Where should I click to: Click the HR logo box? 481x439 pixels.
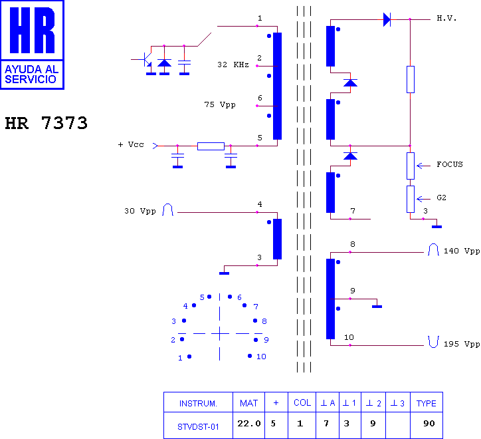click(32, 45)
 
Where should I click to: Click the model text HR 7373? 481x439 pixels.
click(47, 123)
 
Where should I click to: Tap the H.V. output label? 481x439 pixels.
click(446, 19)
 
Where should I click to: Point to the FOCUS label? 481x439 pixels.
click(450, 164)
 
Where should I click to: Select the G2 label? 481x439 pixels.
click(441, 198)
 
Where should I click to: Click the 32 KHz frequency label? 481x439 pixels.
click(233, 65)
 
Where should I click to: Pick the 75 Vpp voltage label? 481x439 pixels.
click(220, 104)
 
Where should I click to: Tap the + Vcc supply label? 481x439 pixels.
click(131, 144)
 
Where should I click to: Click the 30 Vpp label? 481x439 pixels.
click(140, 211)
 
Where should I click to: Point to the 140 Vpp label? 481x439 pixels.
click(462, 251)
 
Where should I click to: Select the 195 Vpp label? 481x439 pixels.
click(462, 344)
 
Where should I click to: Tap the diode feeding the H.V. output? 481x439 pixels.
click(387, 19)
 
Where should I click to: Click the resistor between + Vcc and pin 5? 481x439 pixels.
click(211, 146)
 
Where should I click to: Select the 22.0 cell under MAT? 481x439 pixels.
click(248, 424)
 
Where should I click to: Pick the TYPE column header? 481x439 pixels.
click(426, 403)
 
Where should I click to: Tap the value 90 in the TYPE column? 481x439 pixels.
click(429, 424)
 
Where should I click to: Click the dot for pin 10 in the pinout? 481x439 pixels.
click(250, 356)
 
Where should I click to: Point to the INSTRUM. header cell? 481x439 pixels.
click(198, 403)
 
